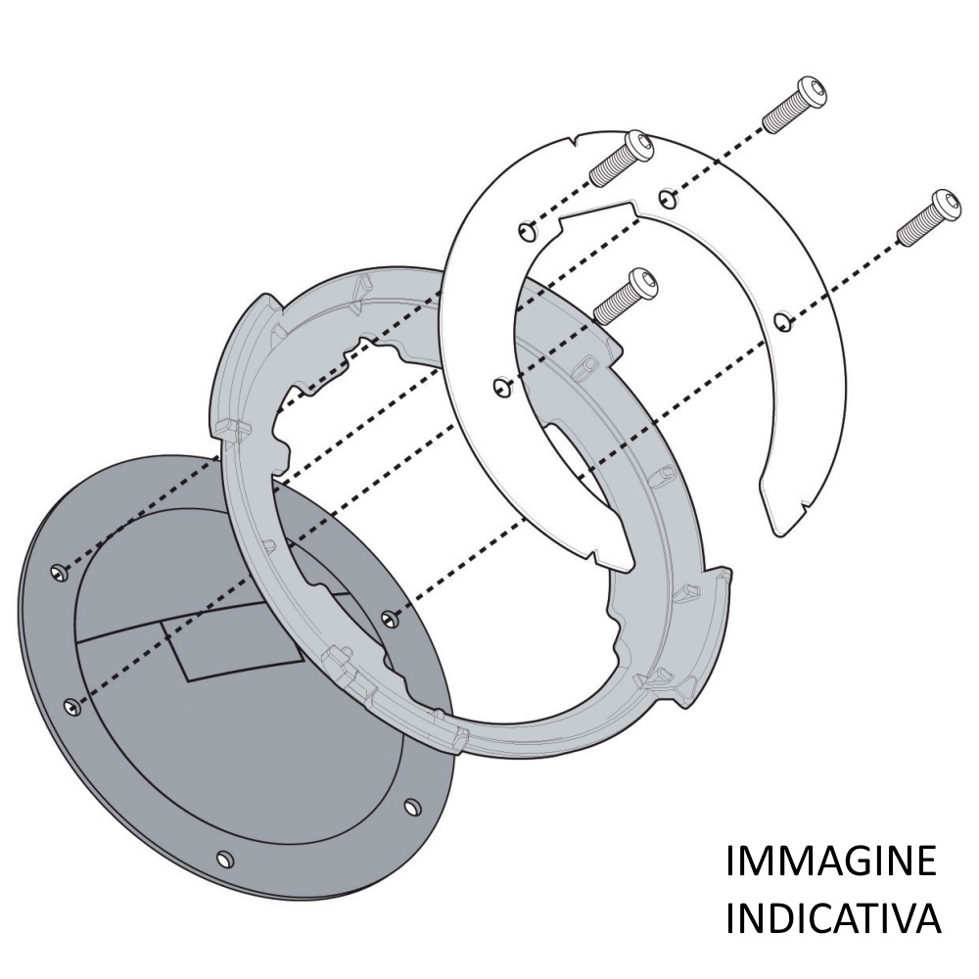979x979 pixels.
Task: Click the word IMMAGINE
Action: tap(831, 861)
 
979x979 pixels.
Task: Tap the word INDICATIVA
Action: tap(833, 917)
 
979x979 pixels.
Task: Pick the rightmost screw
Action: tap(928, 216)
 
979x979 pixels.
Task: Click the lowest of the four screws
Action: tap(626, 296)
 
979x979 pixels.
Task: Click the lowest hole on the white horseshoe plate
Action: tap(501, 387)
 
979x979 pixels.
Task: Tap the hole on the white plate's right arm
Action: tap(780, 321)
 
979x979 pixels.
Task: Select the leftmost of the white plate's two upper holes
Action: tap(527, 231)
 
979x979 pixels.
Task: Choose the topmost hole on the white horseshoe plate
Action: tap(666, 198)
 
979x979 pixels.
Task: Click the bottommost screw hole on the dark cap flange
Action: tap(224, 860)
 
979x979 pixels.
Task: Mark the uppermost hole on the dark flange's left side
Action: tap(60, 572)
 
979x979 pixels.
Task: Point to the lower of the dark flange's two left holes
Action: tap(72, 706)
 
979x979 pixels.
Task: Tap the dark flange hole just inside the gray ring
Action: tap(389, 618)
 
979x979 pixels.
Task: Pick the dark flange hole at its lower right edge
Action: tap(412, 807)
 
